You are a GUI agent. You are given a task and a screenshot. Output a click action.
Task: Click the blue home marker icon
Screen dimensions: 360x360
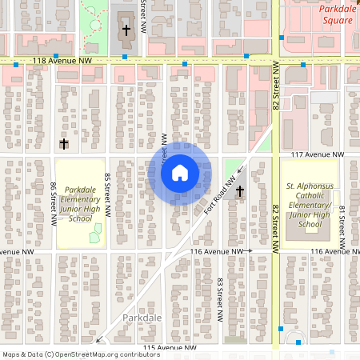(179, 173)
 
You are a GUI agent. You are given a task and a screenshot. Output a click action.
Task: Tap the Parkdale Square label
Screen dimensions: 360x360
(337, 14)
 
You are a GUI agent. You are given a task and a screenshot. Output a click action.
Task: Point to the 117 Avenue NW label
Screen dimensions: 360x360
(317, 154)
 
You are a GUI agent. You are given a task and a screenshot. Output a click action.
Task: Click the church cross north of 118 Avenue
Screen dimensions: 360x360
(126, 31)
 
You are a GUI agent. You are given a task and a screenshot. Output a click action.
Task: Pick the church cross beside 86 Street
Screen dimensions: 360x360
(64, 144)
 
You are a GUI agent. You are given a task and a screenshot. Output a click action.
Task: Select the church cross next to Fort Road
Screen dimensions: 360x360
(238, 192)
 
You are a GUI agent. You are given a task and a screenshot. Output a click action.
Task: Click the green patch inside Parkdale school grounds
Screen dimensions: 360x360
(97, 234)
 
